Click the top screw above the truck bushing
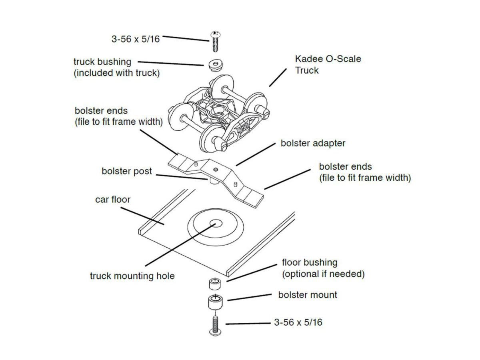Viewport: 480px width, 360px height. click(x=215, y=41)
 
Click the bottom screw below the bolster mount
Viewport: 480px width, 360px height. click(x=214, y=324)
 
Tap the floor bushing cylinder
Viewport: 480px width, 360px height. click(x=214, y=284)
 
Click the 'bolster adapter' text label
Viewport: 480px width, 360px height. click(x=313, y=143)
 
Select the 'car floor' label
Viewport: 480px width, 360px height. click(x=113, y=199)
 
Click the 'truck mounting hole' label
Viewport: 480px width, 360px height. click(x=132, y=276)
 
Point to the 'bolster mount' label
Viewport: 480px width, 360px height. click(x=308, y=295)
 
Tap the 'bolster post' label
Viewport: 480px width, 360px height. click(x=127, y=171)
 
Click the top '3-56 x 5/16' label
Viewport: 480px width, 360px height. click(x=135, y=39)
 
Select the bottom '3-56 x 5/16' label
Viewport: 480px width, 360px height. click(x=298, y=322)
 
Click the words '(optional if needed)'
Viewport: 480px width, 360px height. click(x=323, y=274)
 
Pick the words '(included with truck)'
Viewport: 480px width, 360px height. click(x=116, y=74)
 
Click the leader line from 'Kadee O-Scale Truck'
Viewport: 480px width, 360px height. click(x=278, y=77)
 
